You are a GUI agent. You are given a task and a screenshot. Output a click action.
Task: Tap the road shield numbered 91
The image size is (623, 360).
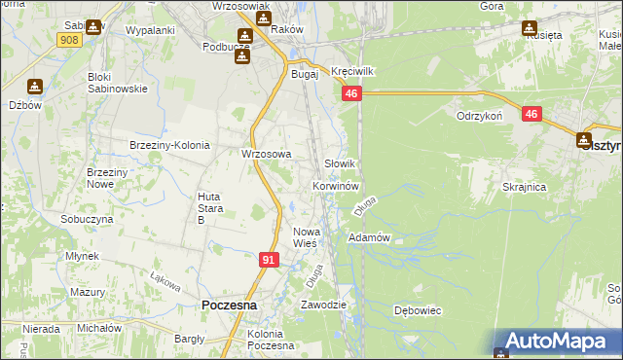pos(270,260)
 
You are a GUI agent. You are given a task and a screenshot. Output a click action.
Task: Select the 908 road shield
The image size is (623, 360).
pos(68,40)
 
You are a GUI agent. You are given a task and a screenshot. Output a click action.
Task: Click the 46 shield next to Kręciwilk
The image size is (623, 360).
pos(351,93)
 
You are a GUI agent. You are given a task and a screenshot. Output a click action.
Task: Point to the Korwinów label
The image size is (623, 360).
pos(337,185)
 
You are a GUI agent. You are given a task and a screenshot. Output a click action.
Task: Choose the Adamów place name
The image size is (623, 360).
pos(369,237)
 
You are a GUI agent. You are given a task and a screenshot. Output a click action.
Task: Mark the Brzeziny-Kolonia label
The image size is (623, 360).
pos(169,145)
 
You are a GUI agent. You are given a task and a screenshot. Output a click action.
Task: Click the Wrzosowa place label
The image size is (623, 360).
pos(267,154)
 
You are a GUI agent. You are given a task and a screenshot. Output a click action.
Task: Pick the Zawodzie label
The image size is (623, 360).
pos(323,305)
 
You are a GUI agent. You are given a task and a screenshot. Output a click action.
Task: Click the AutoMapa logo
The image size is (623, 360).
pos(558,341)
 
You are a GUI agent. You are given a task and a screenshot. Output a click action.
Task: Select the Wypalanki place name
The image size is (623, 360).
pos(150,30)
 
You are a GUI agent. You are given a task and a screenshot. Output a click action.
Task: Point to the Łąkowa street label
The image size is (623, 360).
pos(165,280)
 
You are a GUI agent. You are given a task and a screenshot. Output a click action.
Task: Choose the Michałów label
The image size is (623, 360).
pos(99,328)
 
